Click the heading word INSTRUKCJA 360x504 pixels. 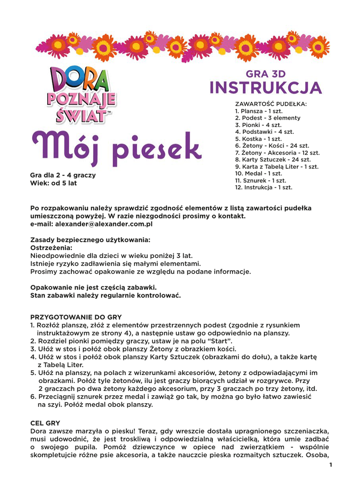265,88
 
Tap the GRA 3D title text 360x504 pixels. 265,74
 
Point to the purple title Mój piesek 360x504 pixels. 117,147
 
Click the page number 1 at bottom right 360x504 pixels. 331,465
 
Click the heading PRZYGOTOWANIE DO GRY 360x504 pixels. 76,317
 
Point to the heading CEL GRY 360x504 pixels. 45,422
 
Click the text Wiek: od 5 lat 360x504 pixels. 53,183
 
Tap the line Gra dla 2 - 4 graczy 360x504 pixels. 63,175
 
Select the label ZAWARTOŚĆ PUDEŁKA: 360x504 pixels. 271,104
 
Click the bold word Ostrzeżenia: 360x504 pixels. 51,248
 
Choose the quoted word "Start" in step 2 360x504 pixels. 218,341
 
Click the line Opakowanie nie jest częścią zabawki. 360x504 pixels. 94,287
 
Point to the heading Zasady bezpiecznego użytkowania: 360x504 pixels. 90,240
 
